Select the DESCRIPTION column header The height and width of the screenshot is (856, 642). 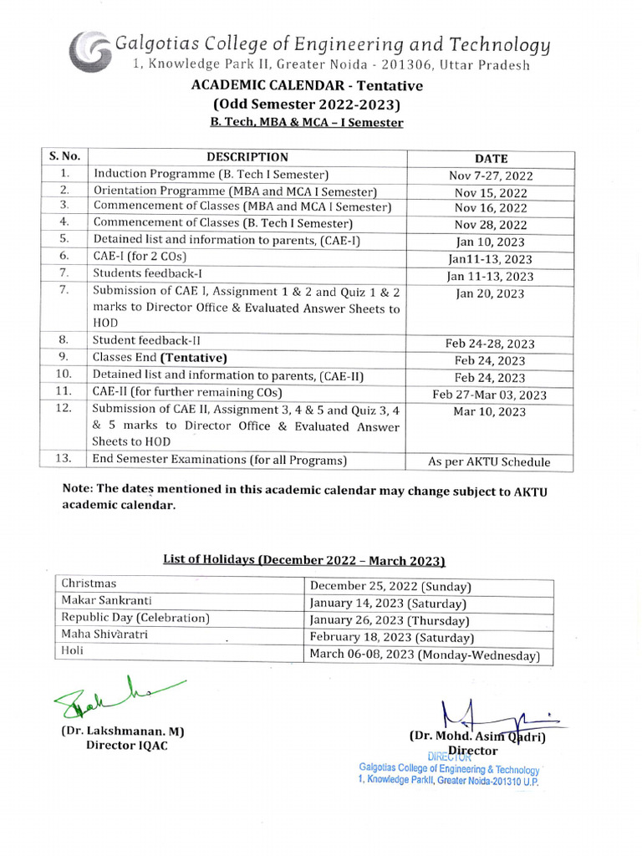click(247, 157)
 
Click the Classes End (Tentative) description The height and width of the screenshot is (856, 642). click(160, 358)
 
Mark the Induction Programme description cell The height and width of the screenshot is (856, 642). click(211, 174)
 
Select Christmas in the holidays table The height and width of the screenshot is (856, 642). click(89, 583)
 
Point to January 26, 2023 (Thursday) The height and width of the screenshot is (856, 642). click(390, 621)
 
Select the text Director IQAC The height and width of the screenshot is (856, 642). click(127, 746)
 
